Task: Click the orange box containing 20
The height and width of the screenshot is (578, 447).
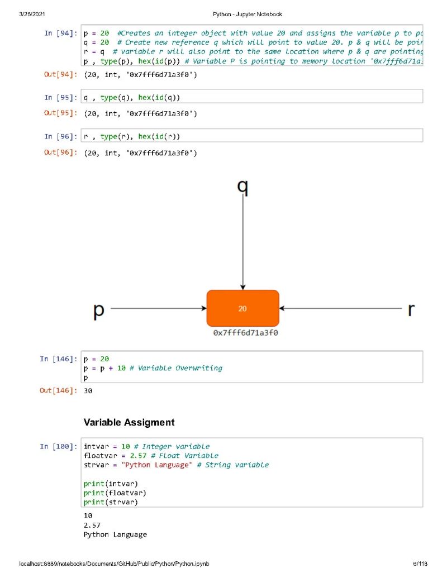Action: click(x=242, y=308)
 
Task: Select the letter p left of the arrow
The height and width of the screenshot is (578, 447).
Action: click(x=99, y=310)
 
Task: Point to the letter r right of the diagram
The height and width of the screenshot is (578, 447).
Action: click(x=411, y=309)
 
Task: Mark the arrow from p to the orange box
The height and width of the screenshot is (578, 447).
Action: click(x=159, y=308)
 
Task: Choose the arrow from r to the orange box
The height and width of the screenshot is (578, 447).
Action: click(x=341, y=308)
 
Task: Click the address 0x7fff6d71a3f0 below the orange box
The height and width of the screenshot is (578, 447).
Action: click(x=246, y=333)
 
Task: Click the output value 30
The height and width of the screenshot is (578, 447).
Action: click(x=88, y=391)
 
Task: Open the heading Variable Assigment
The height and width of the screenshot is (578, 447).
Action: click(x=129, y=422)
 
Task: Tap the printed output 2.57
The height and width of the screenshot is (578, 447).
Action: click(x=92, y=525)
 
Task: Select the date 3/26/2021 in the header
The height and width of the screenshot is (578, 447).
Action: click(x=32, y=14)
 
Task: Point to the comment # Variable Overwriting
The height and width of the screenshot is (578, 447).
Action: click(x=175, y=368)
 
